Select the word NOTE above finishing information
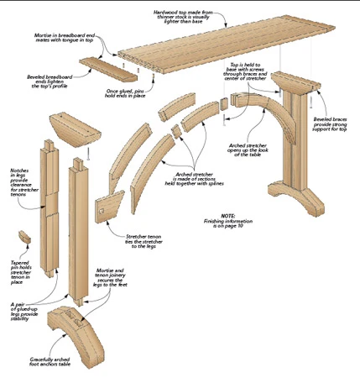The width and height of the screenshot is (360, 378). tap(228, 215)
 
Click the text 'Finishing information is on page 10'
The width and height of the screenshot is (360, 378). tap(228, 226)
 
